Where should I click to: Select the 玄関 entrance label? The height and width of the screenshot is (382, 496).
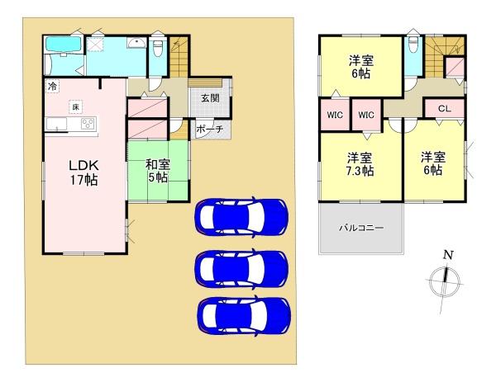pos(210,97)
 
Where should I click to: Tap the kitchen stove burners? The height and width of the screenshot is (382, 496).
pos(87,125)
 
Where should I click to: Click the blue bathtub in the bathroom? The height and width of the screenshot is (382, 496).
pos(63,46)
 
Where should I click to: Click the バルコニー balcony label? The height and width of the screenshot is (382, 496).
pos(360,228)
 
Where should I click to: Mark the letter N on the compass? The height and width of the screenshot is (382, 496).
pos(447,255)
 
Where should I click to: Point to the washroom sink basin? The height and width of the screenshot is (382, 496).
pos(136,42)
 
